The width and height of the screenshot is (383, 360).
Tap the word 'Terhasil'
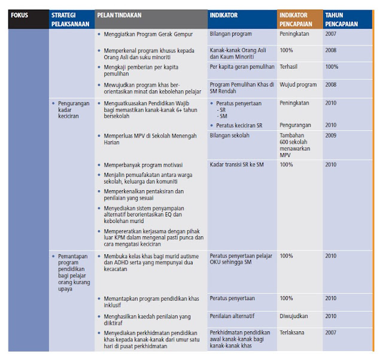[x=290, y=67]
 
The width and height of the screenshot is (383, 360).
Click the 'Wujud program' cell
[x=299, y=84]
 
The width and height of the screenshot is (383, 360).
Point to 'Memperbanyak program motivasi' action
[x=143, y=164]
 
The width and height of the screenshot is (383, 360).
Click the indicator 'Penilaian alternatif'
[x=236, y=316]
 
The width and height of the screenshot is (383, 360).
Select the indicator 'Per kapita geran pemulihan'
[x=242, y=67]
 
